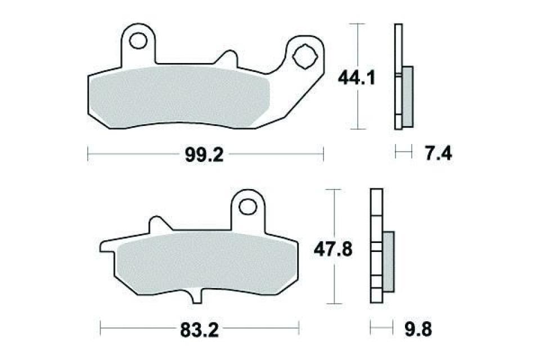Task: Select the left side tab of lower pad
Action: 106,246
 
